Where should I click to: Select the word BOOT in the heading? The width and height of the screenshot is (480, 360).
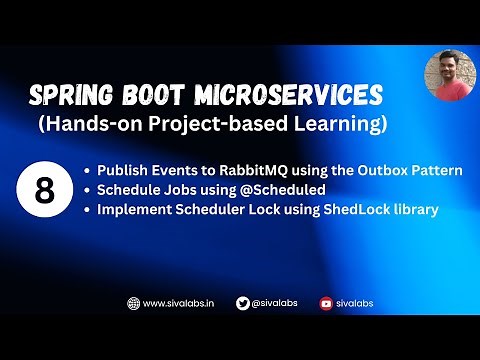(156, 96)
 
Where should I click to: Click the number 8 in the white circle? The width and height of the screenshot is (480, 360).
(44, 190)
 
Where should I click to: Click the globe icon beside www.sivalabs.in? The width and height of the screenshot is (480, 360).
(133, 303)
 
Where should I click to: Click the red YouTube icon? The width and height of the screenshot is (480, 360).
(326, 303)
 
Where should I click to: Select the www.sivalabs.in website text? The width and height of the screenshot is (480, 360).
(178, 303)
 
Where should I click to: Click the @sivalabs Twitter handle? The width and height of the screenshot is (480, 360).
(274, 303)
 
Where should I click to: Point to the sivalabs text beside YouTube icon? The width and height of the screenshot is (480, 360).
(354, 303)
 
